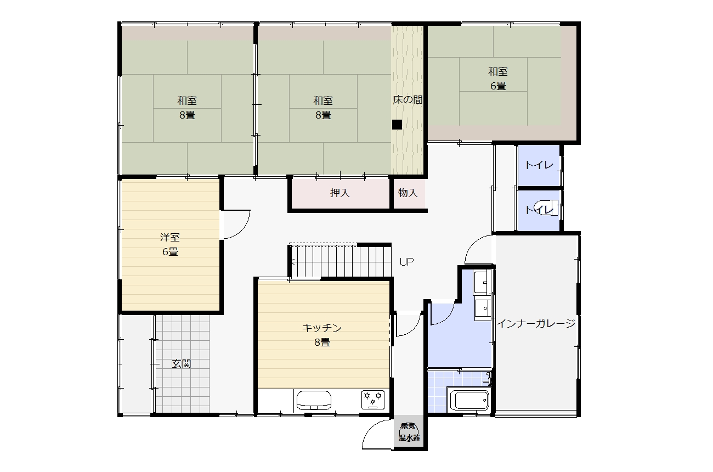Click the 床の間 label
(408, 100)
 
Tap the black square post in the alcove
(397, 124)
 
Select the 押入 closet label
(339, 193)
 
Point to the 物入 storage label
(408, 193)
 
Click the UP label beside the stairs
(406, 262)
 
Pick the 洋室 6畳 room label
(170, 244)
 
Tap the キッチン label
(322, 328)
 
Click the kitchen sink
(314, 400)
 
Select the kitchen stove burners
(373, 400)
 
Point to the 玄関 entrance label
(182, 363)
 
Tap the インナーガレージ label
(536, 324)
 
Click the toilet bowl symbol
(546, 207)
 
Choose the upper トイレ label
(539, 165)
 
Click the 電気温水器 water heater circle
(409, 431)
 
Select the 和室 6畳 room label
(498, 78)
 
